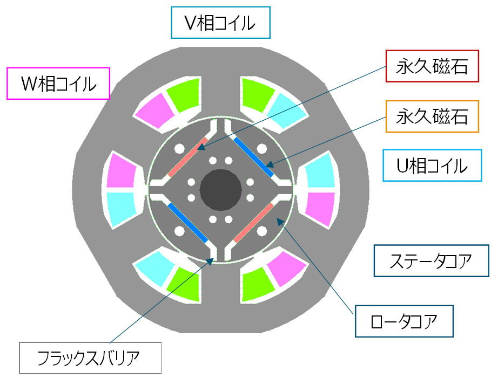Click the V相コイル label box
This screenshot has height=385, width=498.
220,23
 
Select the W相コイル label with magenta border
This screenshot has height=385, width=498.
58,84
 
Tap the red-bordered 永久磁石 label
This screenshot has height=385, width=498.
433,66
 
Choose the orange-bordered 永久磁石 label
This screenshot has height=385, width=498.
433,116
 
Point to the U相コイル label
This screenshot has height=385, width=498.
432,166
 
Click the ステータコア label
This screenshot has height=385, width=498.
431,262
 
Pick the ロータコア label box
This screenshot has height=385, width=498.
404,321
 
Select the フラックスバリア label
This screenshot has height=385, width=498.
90,357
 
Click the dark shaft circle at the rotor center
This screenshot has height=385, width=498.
220,189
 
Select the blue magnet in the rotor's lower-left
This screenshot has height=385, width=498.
187,222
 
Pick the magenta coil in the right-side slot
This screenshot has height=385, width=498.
322,208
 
